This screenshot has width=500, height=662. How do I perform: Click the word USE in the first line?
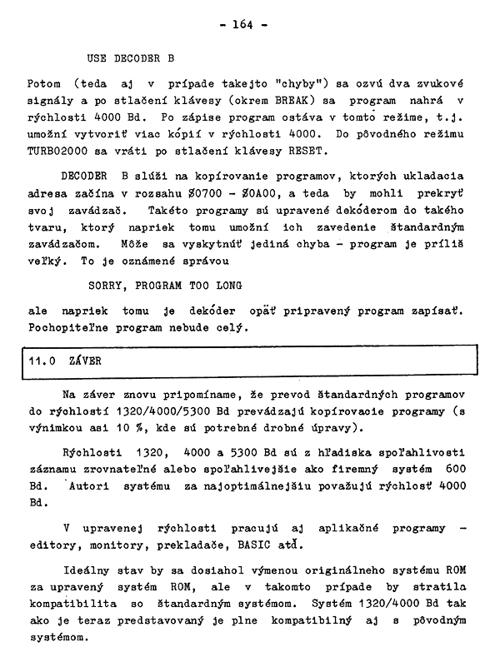coord(97,59)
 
